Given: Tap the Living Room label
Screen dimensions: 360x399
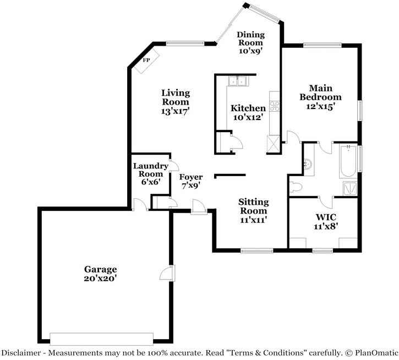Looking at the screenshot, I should (175, 101).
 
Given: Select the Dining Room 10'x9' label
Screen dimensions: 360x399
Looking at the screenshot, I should (250, 42).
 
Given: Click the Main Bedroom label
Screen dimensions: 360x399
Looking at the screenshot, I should (320, 97).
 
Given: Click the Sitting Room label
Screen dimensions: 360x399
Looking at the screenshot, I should (253, 211).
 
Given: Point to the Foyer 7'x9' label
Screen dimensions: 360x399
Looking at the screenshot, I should (191, 181).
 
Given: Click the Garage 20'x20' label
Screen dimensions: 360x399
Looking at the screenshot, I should (100, 274).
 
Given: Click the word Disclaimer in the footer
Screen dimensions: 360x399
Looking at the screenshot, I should (20, 352).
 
